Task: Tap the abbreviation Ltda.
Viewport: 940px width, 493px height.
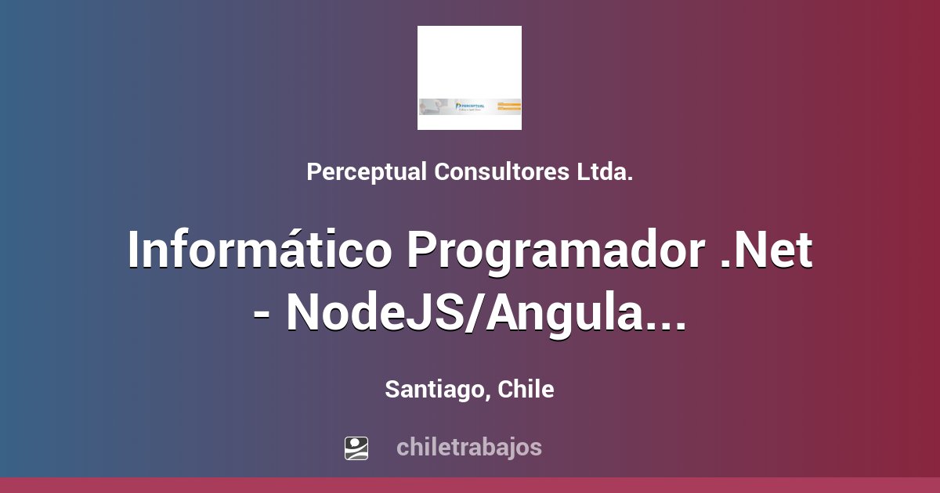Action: click(606, 172)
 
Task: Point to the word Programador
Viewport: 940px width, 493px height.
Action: click(555, 251)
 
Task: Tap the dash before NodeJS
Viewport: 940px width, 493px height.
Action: click(264, 313)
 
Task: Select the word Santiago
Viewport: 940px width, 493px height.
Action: click(433, 390)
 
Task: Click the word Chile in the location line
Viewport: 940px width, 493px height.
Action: click(526, 390)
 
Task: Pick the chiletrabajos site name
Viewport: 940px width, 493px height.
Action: click(469, 448)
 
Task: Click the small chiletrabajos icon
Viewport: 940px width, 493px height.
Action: click(356, 448)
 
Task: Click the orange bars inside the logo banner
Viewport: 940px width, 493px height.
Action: click(508, 106)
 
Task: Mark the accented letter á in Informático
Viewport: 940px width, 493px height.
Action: click(307, 251)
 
